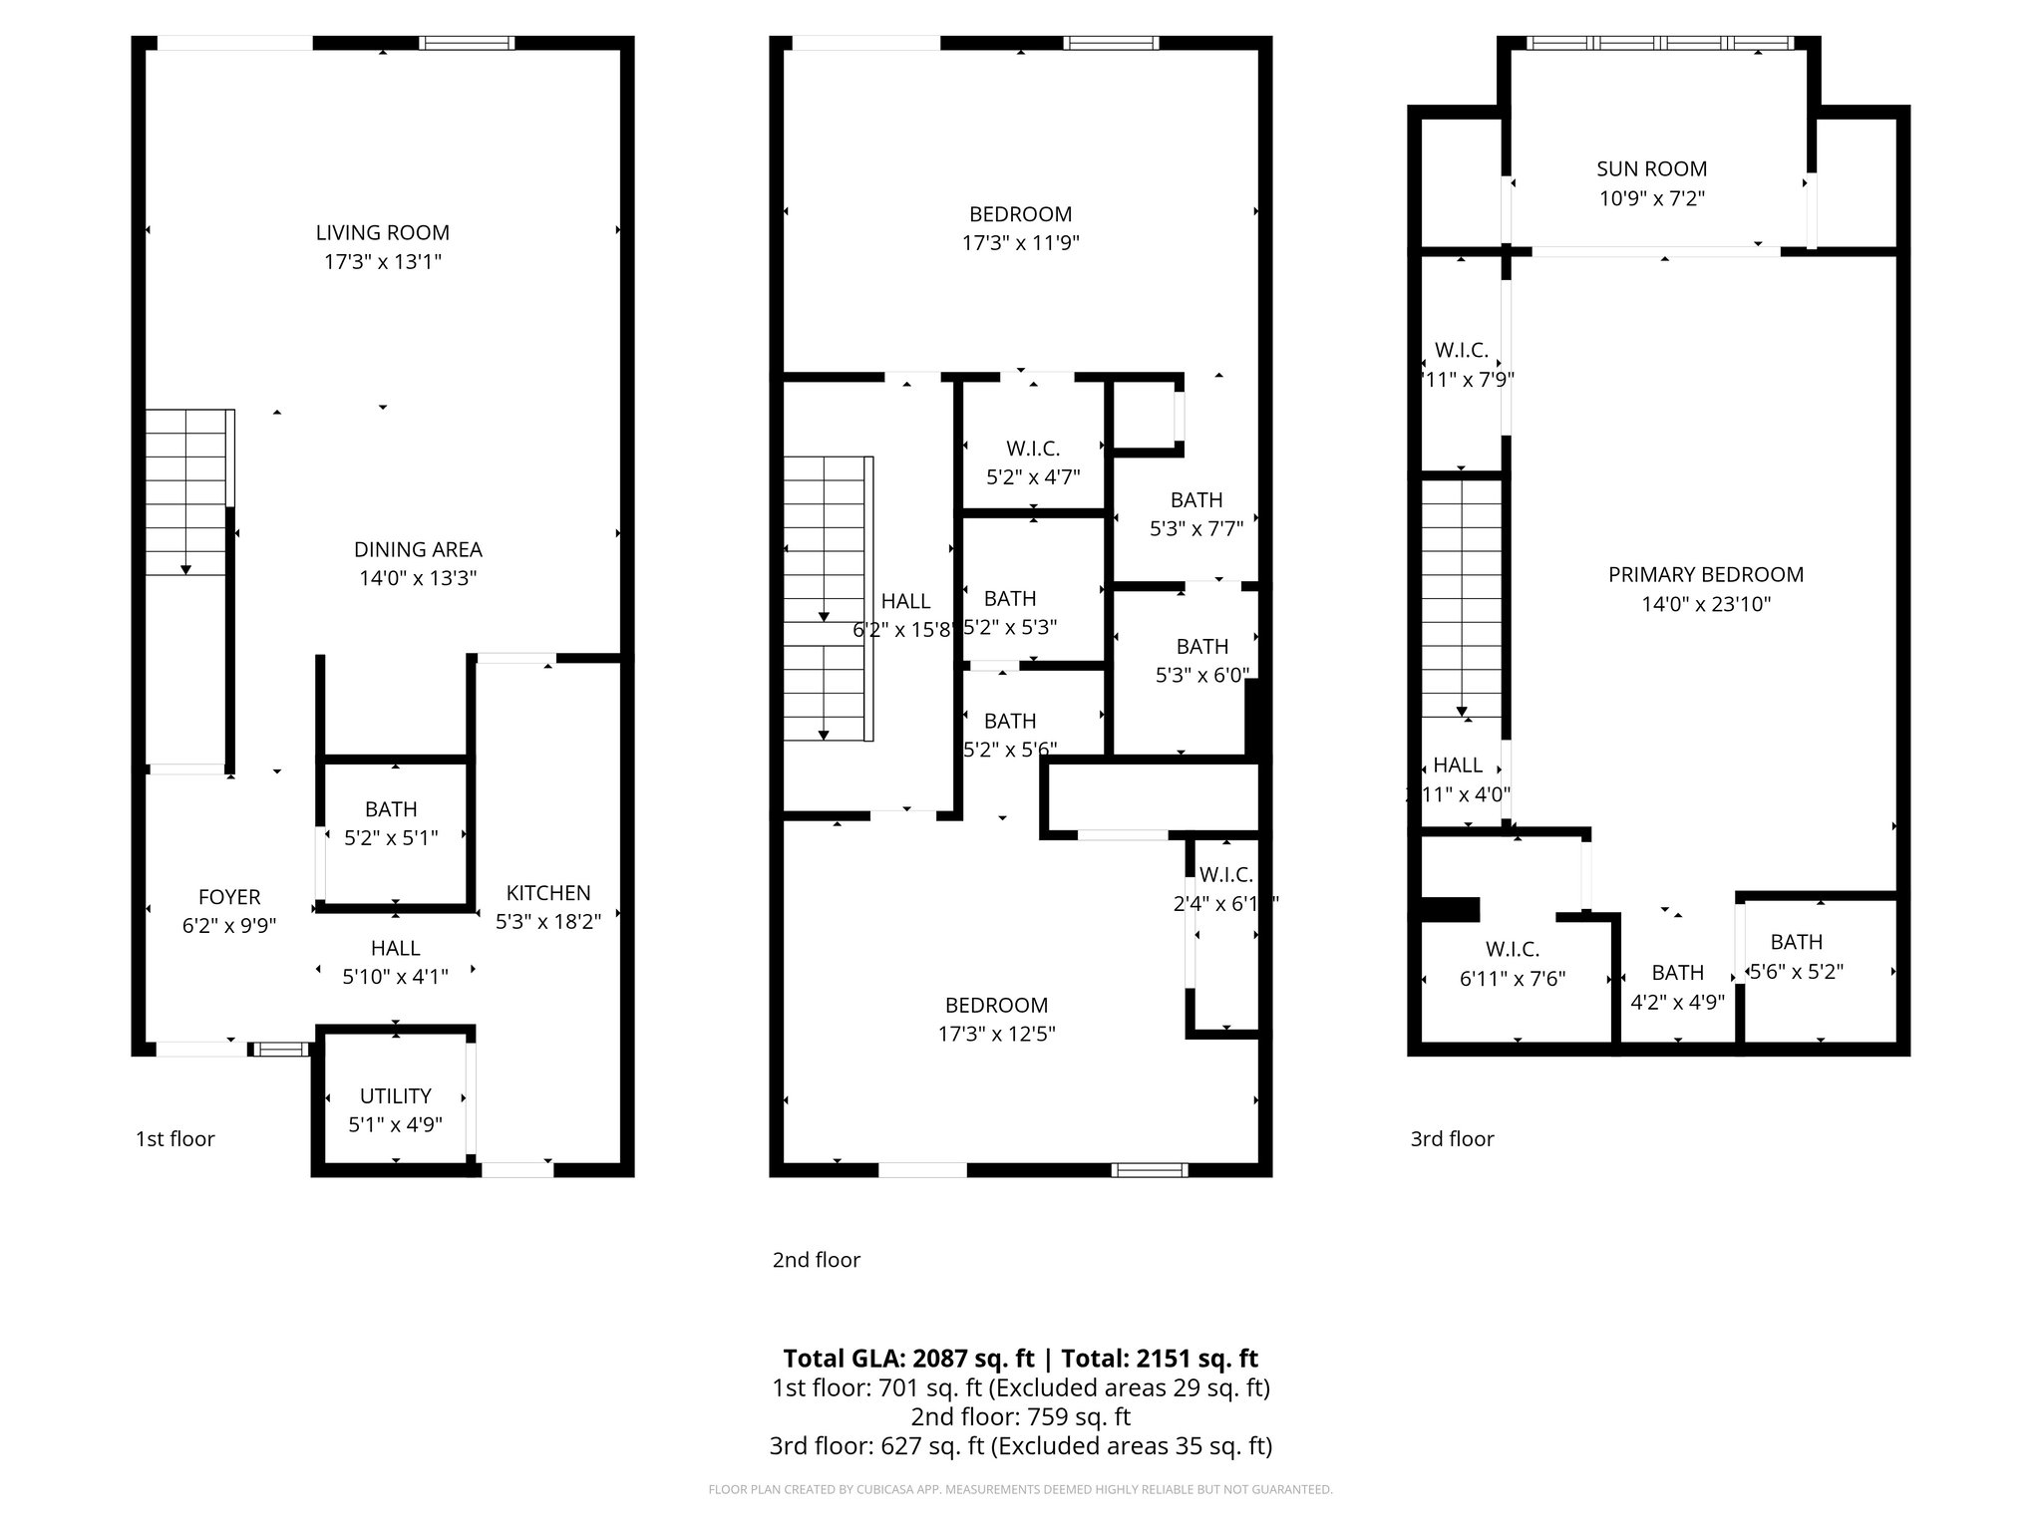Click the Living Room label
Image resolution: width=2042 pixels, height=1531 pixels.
tap(382, 232)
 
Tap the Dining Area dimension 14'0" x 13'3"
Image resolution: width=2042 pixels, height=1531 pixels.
tap(418, 578)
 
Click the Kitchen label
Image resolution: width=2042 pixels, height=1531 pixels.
tap(548, 893)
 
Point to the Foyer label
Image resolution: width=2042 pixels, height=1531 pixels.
tap(229, 897)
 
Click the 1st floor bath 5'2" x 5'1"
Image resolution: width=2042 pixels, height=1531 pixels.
tap(391, 823)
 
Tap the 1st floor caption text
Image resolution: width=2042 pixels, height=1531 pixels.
tap(175, 1138)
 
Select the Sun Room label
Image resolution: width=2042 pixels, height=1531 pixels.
tap(1651, 169)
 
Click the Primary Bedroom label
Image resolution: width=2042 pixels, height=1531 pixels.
tap(1705, 575)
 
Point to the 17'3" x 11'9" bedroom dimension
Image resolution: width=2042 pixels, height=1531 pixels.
tap(1020, 242)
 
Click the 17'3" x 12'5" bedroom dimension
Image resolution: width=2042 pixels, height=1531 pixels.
tap(996, 1034)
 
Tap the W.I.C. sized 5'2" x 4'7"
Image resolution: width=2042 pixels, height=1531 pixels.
tap(1033, 462)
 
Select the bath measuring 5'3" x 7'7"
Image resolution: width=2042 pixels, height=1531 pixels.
tap(1196, 514)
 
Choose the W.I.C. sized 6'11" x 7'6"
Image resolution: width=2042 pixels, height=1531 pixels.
tap(1513, 964)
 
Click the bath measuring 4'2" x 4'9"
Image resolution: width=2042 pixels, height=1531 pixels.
tap(1677, 987)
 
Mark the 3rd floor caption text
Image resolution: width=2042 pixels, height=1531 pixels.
tap(1452, 1138)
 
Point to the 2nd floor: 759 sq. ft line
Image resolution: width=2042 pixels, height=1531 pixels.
tap(1020, 1416)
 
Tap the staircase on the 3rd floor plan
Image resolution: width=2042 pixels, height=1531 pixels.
tap(1461, 598)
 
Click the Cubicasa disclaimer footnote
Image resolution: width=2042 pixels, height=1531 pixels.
tap(1020, 1489)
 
